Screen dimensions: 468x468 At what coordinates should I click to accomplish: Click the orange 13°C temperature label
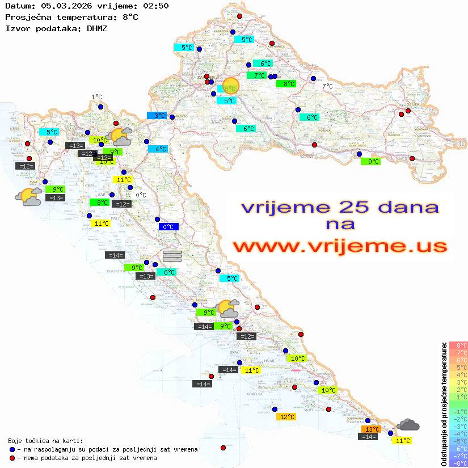[372, 429]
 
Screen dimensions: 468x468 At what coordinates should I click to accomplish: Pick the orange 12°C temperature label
[286, 417]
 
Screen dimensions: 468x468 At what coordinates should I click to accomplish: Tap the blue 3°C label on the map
[157, 116]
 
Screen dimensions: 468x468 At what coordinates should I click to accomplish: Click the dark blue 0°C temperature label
[168, 227]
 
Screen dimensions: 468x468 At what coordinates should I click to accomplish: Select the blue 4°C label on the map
[158, 149]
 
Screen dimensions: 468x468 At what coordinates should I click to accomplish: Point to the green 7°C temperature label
[257, 75]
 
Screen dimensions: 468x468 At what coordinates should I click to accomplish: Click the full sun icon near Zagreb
[231, 86]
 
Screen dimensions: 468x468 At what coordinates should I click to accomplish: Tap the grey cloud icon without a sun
[408, 425]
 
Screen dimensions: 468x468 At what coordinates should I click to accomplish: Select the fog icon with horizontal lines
[172, 255]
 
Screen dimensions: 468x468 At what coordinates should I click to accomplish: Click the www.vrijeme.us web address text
[340, 246]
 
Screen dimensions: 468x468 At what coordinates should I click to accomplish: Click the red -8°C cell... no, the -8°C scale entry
[458, 463]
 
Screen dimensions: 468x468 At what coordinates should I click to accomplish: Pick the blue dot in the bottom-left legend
[12, 449]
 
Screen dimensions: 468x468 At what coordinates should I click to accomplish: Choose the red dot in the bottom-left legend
[12, 458]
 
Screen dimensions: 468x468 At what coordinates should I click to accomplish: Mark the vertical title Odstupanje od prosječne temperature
[444, 404]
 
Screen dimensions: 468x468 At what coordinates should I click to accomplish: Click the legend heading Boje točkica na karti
[45, 441]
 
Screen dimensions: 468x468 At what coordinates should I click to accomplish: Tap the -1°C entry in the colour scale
[458, 411]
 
